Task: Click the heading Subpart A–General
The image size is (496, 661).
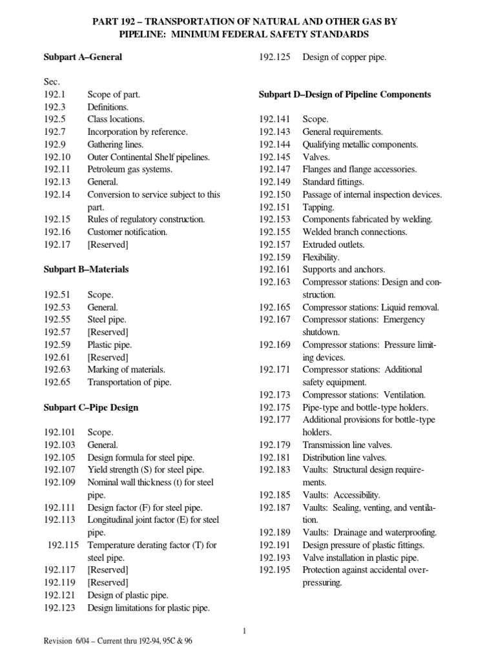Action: pos(83,57)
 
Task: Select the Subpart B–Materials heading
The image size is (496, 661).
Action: pos(86,270)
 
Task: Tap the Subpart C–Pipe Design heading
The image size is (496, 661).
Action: pos(91,407)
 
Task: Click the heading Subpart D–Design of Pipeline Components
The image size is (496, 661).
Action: pos(344,94)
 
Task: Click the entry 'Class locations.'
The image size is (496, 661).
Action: pos(116,119)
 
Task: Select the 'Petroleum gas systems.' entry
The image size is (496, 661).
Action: pos(130,169)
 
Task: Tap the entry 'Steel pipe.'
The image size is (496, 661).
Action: pos(107,320)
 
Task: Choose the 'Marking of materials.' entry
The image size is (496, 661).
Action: pos(126,370)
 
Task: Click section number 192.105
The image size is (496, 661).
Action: pos(59,458)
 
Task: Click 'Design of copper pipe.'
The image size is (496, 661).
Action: pos(344,57)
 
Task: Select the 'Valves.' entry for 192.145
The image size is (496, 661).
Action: pos(316,157)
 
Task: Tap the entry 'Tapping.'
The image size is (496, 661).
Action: pos(318,207)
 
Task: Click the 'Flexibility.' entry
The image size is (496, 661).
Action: pos(320,257)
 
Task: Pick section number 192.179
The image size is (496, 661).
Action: pos(274,445)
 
